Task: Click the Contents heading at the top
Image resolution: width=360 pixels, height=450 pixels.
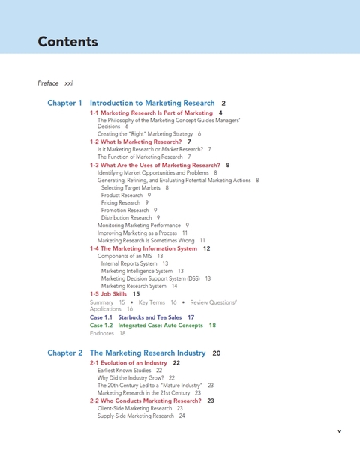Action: (x=67, y=41)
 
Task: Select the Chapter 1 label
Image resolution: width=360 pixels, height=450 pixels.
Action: (x=64, y=103)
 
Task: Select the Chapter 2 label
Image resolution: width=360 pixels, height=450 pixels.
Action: (x=64, y=352)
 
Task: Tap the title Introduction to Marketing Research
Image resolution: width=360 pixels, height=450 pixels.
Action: (x=152, y=103)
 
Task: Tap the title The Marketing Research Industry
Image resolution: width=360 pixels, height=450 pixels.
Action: (x=148, y=352)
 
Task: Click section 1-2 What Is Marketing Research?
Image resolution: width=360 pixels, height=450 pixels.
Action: (x=136, y=142)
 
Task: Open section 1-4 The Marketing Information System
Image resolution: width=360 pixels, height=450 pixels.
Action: (x=144, y=248)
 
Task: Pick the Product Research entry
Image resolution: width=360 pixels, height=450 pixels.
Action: (x=121, y=195)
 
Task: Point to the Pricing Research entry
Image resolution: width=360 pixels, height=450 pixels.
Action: (x=121, y=202)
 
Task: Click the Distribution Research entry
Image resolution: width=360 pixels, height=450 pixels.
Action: (x=126, y=217)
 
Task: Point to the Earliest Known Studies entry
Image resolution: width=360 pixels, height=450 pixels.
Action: (x=124, y=370)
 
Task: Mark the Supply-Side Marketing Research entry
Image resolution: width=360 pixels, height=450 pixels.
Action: (x=136, y=415)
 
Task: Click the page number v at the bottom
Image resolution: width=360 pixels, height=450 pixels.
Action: (x=339, y=431)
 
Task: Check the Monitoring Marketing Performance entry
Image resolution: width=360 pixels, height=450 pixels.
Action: (x=139, y=225)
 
